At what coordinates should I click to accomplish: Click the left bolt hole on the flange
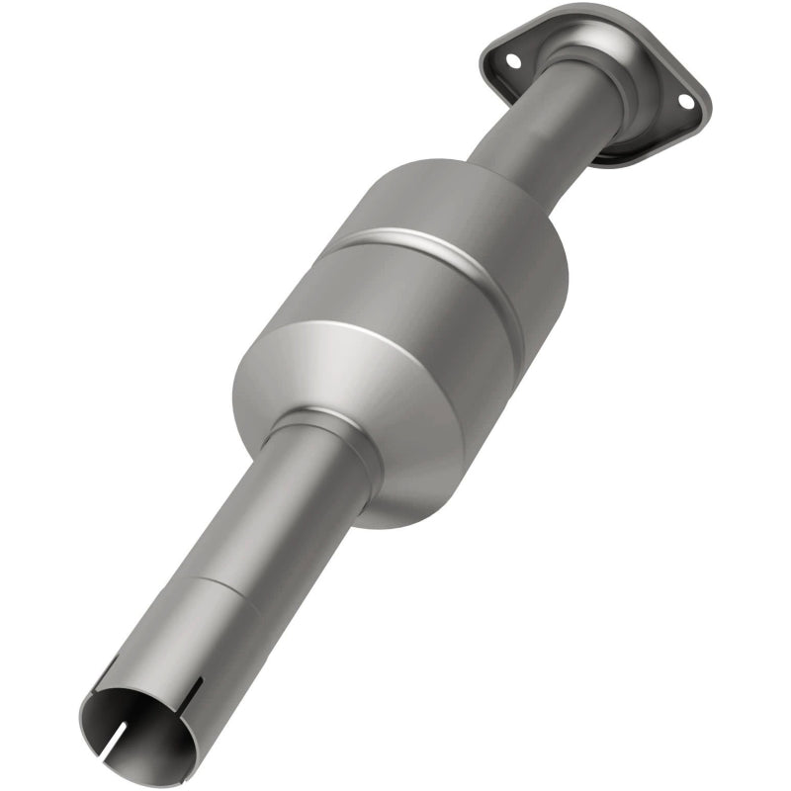tap(513, 60)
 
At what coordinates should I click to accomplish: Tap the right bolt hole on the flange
tap(683, 102)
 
